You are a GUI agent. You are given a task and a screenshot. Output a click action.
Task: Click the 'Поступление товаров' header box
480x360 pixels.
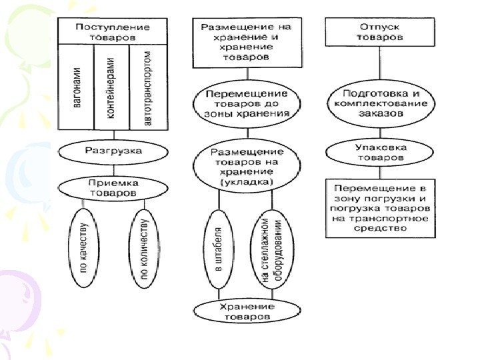112,31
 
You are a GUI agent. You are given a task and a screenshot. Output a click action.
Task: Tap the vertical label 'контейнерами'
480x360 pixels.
111,87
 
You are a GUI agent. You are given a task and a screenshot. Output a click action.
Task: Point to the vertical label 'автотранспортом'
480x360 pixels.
148,87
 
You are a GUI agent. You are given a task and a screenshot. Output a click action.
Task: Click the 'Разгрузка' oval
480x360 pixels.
113,151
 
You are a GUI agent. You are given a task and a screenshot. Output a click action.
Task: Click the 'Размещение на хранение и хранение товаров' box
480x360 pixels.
247,42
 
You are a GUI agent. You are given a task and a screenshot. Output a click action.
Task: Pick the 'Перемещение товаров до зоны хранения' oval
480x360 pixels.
247,104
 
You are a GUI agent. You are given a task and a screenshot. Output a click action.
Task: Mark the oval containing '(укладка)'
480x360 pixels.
247,167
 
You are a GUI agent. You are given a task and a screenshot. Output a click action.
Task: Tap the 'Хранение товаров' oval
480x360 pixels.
247,311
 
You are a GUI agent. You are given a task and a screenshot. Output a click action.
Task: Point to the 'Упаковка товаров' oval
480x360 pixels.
381,153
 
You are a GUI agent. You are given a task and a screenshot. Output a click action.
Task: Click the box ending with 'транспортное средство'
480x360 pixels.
381,207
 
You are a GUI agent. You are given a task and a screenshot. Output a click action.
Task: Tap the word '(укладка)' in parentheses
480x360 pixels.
247,181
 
